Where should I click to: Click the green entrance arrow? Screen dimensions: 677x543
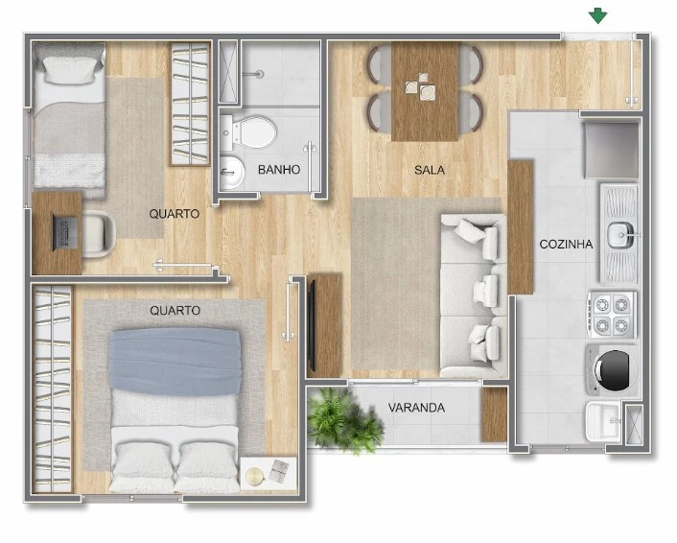[598, 15]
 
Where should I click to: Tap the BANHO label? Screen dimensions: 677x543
[279, 170]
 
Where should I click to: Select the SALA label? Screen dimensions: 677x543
[430, 170]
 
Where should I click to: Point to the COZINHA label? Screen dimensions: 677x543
[566, 245]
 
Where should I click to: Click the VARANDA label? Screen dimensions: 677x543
[416, 408]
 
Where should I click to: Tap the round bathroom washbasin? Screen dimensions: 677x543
[232, 173]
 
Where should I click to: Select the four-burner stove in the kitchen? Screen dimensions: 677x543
[612, 315]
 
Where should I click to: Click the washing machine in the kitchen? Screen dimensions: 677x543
[612, 369]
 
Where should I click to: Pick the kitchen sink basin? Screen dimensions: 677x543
[620, 235]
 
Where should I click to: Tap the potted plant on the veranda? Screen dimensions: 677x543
[344, 420]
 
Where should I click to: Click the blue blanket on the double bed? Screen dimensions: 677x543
[175, 361]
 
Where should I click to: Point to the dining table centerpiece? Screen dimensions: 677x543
[421, 87]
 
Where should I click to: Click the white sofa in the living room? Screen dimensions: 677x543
[474, 295]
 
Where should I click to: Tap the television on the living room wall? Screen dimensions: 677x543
[312, 326]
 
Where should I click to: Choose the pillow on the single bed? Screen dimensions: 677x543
[70, 70]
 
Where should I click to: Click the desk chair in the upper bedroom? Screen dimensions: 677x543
[99, 234]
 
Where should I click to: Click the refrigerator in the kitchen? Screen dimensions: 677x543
[612, 150]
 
